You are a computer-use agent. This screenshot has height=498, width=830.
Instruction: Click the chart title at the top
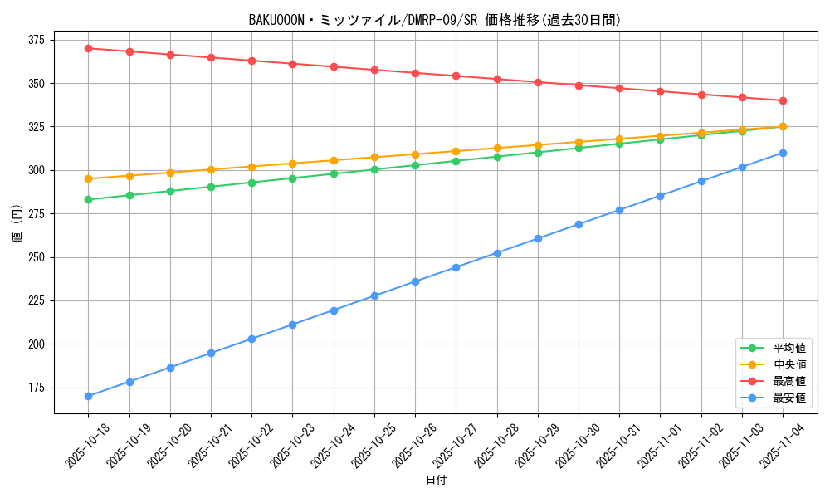[x=435, y=20]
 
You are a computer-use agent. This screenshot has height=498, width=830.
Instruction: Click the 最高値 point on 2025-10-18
[x=88, y=48]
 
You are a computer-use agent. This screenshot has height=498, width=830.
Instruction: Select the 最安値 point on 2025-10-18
[x=88, y=396]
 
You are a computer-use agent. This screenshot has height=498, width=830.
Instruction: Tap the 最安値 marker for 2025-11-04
[x=783, y=153]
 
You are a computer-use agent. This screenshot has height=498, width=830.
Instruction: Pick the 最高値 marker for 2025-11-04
[x=783, y=100]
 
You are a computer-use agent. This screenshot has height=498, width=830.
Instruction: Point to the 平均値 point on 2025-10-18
[x=88, y=199]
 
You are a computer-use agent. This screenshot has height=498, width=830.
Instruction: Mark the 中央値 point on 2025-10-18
[x=88, y=178]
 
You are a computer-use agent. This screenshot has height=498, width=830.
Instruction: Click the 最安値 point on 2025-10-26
[x=415, y=281]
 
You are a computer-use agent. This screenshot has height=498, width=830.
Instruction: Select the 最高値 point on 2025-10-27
[x=456, y=76]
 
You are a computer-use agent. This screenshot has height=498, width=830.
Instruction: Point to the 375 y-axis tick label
[x=37, y=40]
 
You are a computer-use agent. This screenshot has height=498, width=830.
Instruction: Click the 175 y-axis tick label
[x=37, y=388]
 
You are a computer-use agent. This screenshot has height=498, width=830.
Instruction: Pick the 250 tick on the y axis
[x=37, y=257]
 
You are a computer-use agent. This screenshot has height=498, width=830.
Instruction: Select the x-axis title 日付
[x=436, y=481]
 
